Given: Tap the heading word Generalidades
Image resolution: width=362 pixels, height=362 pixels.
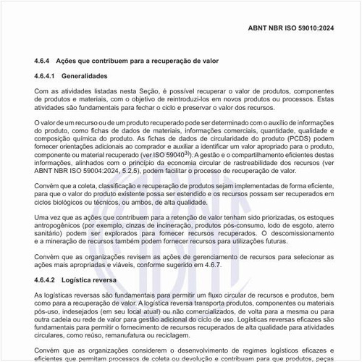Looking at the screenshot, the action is pos(85,75).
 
